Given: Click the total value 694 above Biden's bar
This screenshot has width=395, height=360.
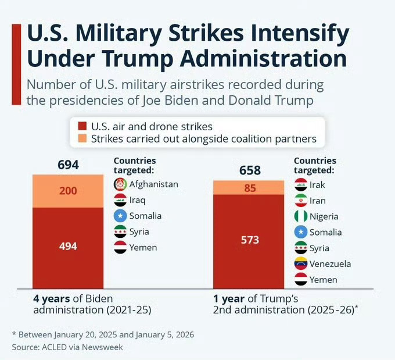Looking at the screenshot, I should [x=68, y=165].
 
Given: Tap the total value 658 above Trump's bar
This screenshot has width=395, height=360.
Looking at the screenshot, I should [x=250, y=170].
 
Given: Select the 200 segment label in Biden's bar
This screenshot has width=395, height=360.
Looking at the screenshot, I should [x=68, y=191].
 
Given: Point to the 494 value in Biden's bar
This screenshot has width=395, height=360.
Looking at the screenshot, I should [x=68, y=246].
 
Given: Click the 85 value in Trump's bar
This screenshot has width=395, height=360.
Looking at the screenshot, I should [x=250, y=188].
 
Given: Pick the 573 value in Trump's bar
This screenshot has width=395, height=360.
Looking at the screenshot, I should [x=250, y=240].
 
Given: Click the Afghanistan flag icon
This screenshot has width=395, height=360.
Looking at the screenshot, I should [x=120, y=184].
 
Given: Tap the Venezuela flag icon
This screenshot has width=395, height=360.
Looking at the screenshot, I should [x=301, y=264].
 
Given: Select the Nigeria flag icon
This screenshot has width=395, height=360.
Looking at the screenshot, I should [x=301, y=216].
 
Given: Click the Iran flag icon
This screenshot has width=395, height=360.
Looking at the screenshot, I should [x=301, y=201].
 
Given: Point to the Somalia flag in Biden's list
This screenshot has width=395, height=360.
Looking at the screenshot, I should [x=120, y=216].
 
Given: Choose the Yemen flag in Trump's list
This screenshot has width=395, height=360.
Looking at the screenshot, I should [x=301, y=280].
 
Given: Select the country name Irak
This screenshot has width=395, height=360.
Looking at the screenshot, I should [x=318, y=184].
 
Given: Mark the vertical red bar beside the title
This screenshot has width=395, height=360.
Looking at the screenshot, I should [x=16, y=64].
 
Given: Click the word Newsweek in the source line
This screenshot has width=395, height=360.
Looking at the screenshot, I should [x=103, y=347].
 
